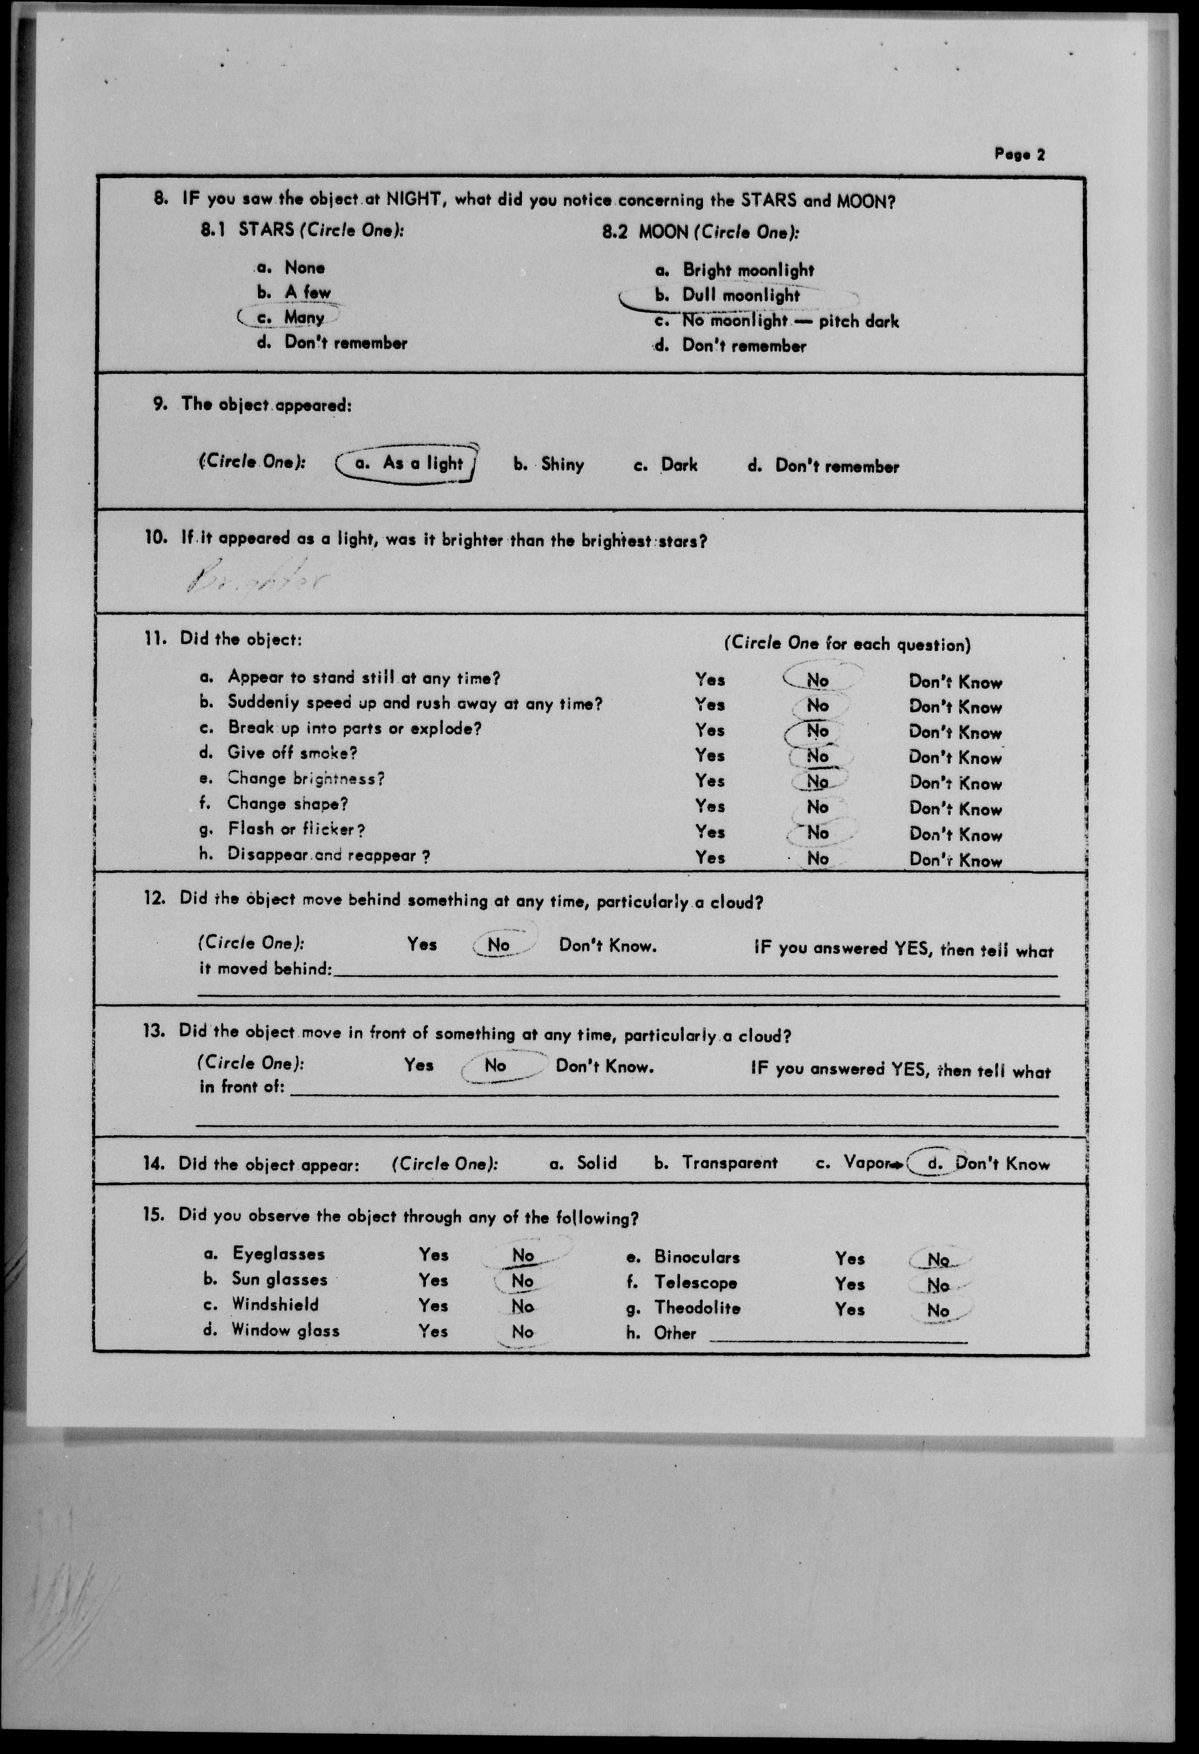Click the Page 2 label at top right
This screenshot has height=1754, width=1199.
[x=1019, y=155]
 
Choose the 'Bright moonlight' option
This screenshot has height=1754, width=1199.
[x=747, y=270]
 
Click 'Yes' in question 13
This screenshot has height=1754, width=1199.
[x=419, y=1065]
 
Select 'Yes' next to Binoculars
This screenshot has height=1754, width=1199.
[x=850, y=1258]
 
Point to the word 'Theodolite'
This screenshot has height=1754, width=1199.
[x=697, y=1308]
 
